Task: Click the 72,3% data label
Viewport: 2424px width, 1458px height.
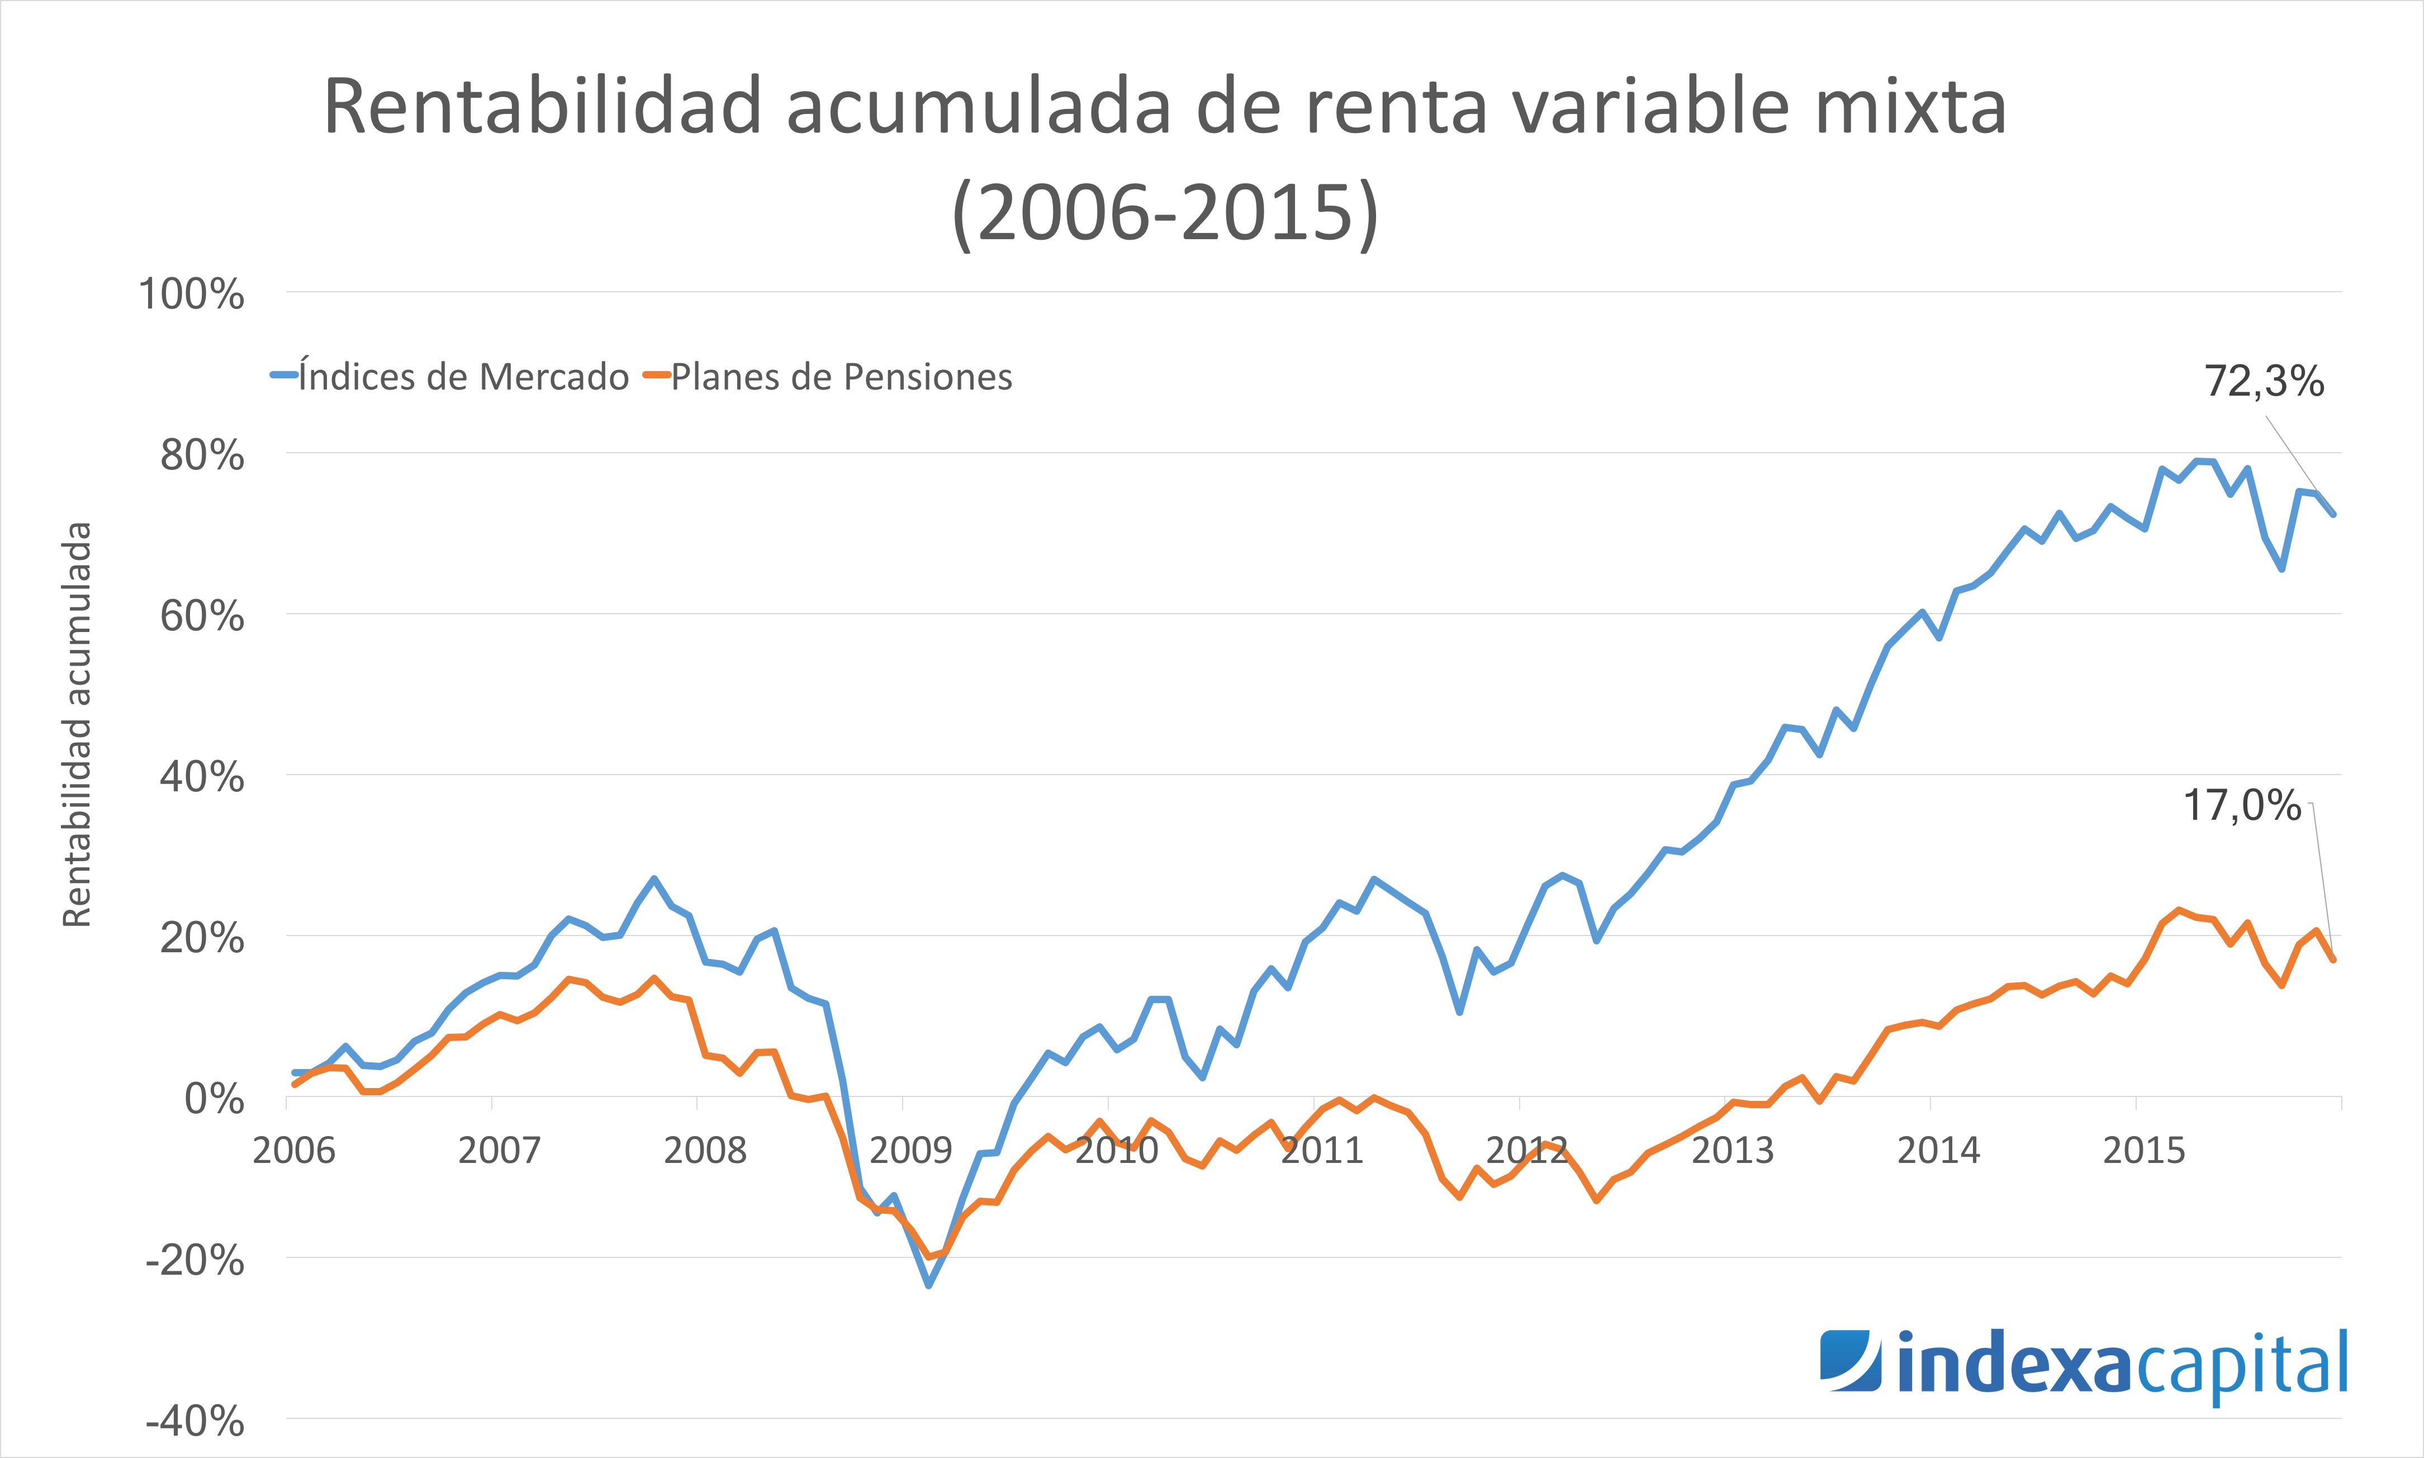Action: pyautogui.click(x=2263, y=381)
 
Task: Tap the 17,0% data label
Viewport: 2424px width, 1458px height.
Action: pyautogui.click(x=2241, y=806)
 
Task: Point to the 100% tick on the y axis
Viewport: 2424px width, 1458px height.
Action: pyautogui.click(x=192, y=294)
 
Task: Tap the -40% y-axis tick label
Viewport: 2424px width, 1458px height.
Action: pyautogui.click(x=195, y=1421)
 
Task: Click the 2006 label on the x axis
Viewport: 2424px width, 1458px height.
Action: pyautogui.click(x=294, y=1150)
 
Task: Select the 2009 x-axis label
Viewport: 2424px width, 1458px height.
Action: pyautogui.click(x=910, y=1150)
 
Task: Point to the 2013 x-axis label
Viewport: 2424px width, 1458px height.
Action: pyautogui.click(x=1732, y=1150)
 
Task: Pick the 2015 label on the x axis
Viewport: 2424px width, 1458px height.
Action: pyautogui.click(x=2143, y=1150)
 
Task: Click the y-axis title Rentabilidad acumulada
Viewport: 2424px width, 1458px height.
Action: pyautogui.click(x=77, y=724)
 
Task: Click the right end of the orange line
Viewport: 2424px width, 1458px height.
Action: pyautogui.click(x=2333, y=960)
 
